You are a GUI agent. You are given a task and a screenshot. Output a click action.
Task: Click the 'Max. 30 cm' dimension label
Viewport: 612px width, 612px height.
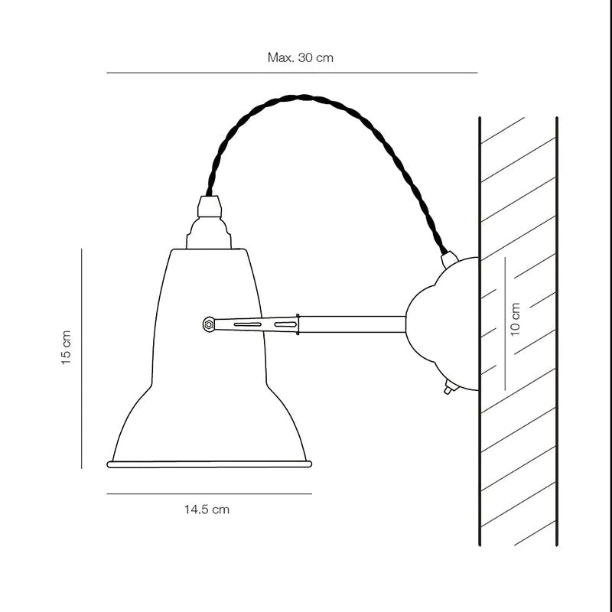pos(300,57)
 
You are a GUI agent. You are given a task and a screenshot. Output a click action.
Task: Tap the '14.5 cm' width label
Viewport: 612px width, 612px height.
pos(206,509)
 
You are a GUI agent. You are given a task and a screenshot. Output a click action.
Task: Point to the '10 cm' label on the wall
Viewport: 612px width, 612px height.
pos(515,318)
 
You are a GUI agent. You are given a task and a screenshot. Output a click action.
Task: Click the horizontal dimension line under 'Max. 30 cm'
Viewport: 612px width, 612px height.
pos(291,73)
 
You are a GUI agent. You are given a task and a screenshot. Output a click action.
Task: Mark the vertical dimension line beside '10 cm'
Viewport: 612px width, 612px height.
pos(505,321)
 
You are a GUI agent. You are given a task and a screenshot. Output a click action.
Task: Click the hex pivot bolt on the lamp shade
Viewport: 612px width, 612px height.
pos(208,324)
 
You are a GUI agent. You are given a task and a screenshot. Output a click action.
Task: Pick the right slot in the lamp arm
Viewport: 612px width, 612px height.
pos(285,325)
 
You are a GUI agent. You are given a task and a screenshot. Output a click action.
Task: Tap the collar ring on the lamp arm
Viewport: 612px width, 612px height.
pos(298,324)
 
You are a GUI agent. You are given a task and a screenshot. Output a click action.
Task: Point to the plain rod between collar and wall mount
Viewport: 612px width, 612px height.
pos(352,324)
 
